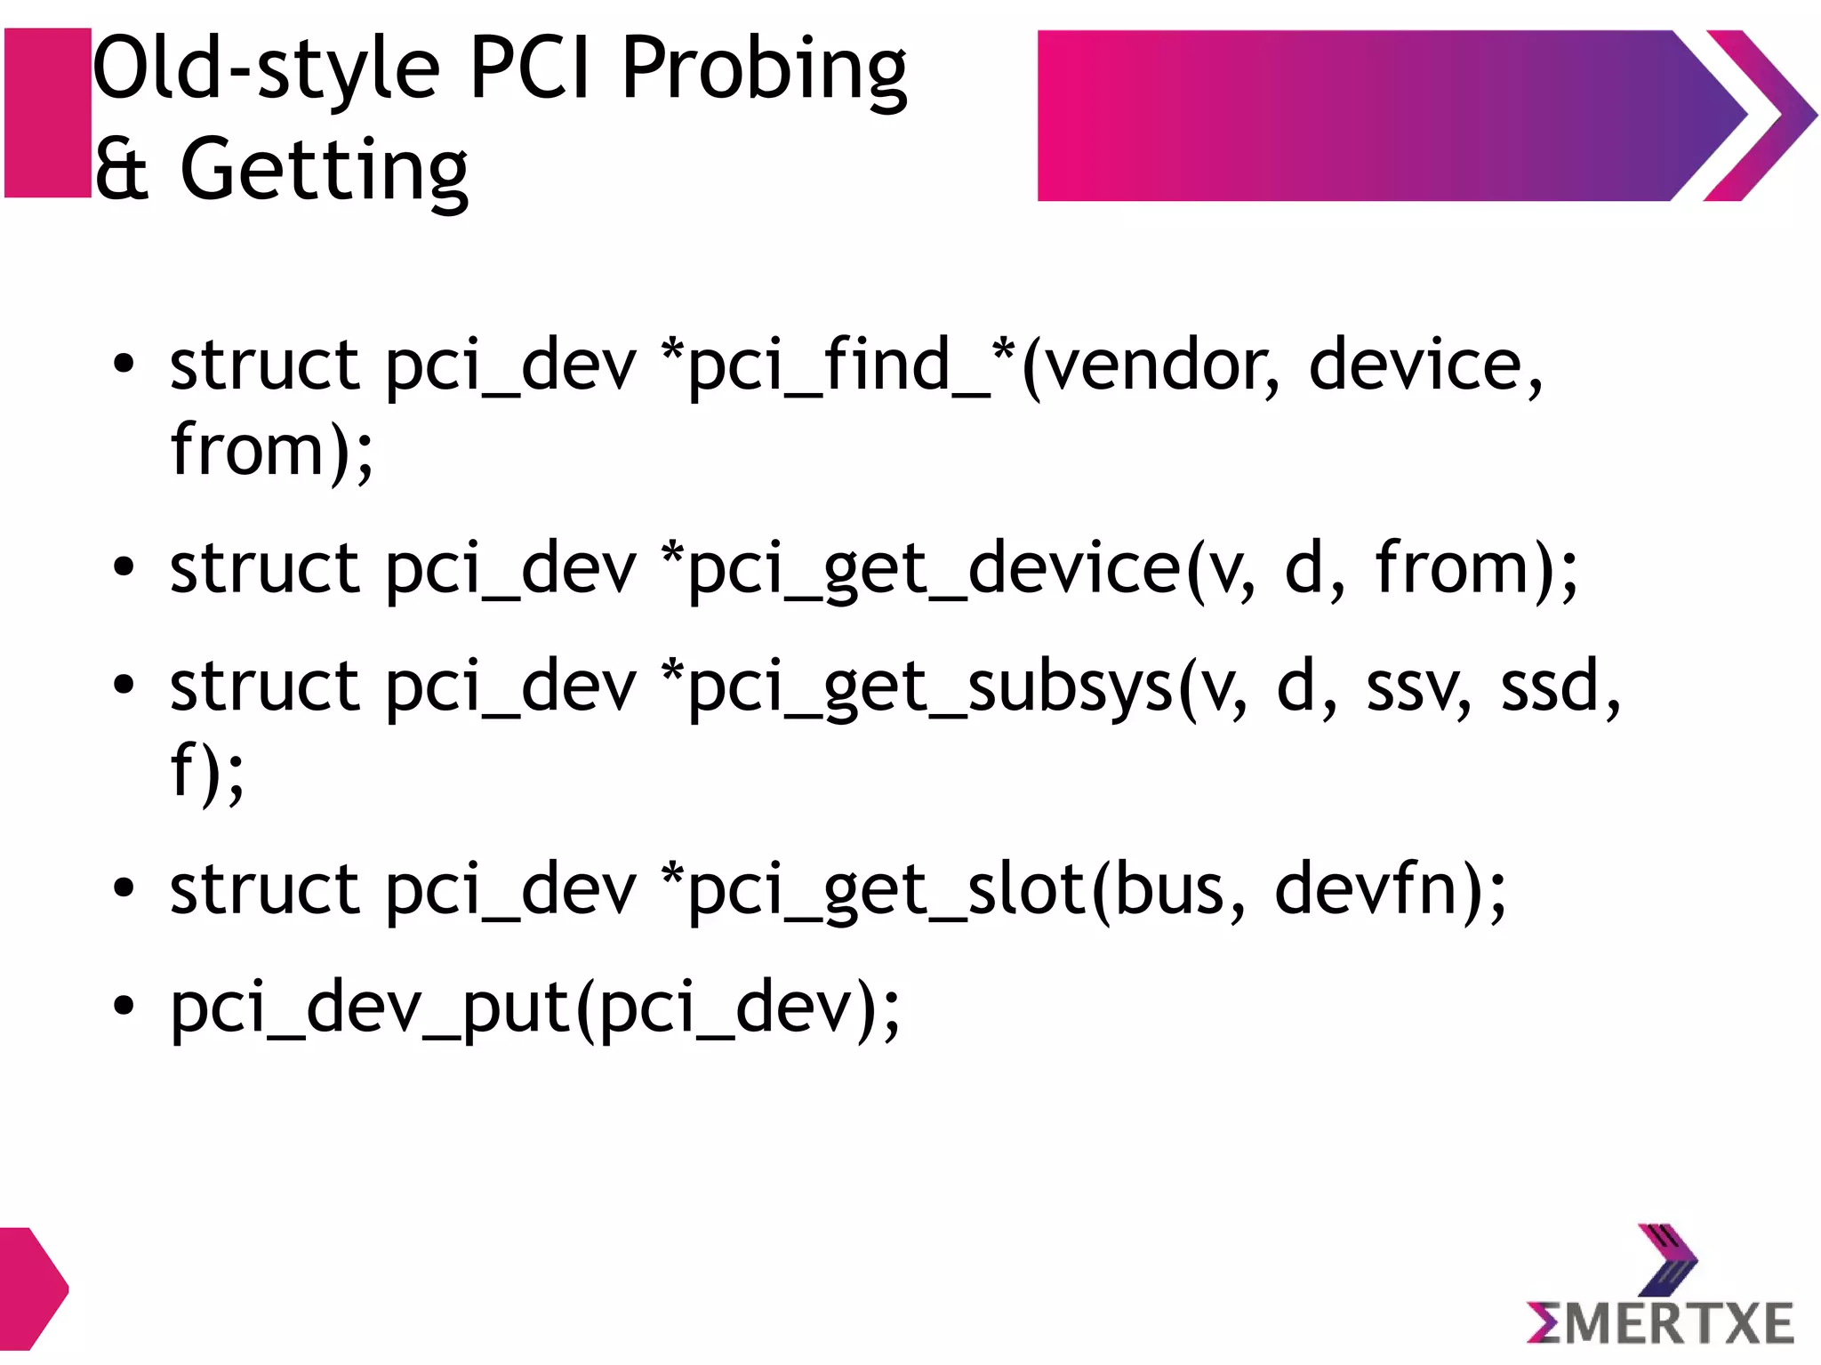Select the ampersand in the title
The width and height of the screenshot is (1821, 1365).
pyautogui.click(x=122, y=169)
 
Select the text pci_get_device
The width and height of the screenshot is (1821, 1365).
pyautogui.click(x=934, y=569)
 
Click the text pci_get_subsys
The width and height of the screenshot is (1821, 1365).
pyautogui.click(x=929, y=687)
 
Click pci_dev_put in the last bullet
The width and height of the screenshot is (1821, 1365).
pyautogui.click(x=370, y=1009)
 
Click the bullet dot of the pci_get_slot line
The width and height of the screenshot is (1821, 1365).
pyautogui.click(x=124, y=887)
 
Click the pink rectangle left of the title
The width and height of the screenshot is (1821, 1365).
pyautogui.click(x=48, y=113)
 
